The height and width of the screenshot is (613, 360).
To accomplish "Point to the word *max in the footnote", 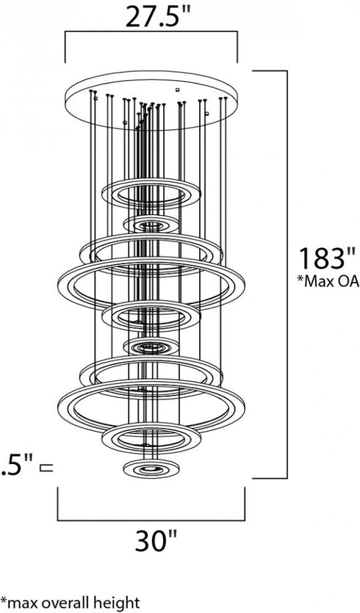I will tap(21, 603).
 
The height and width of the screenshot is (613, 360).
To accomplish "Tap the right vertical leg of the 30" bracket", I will tap(243, 504).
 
